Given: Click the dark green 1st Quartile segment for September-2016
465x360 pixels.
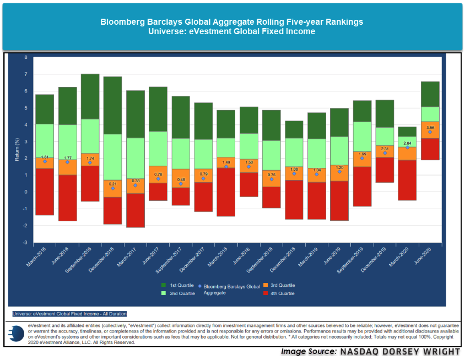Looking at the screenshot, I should (x=90, y=96).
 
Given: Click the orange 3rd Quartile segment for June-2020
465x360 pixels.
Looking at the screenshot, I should (x=430, y=130).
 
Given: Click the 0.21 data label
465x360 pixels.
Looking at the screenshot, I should (x=112, y=183).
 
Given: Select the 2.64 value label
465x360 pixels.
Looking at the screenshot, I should (x=408, y=142).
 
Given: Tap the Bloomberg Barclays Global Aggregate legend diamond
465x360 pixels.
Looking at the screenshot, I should (x=201, y=287).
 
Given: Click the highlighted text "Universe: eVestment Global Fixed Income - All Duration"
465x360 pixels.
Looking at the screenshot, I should (x=69, y=314).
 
